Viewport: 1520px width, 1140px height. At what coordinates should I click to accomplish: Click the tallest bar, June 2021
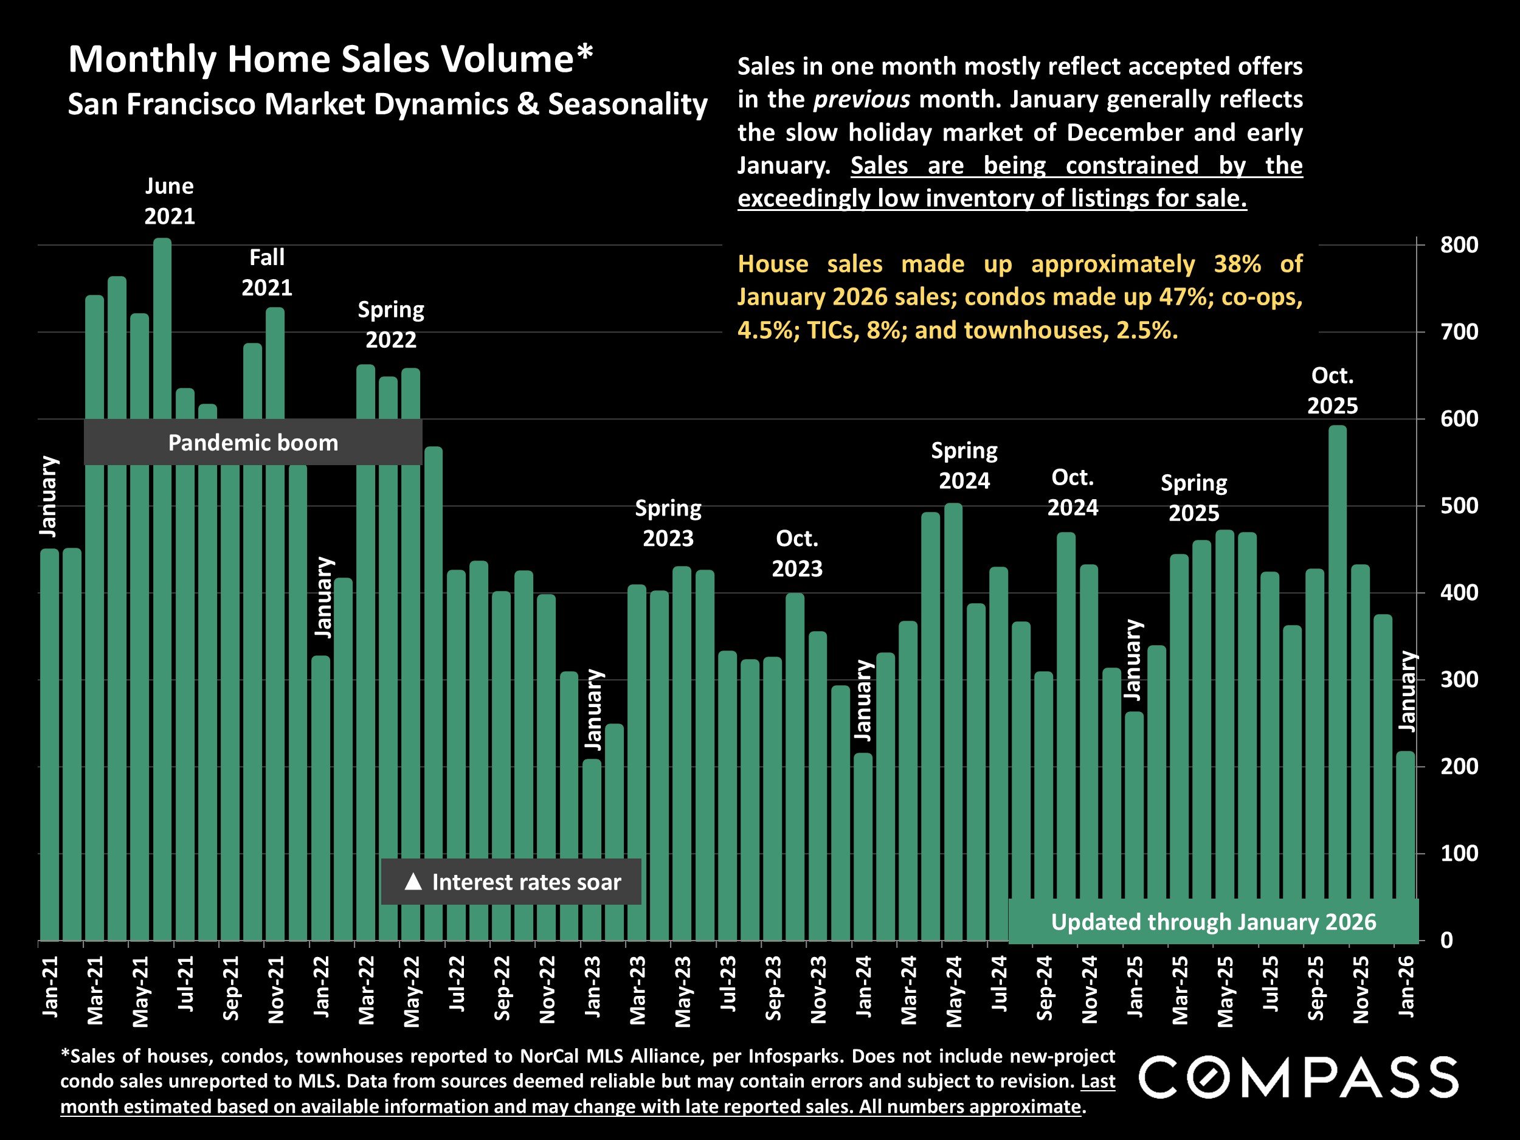tap(162, 589)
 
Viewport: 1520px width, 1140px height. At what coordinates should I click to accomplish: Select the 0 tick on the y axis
tap(1446, 940)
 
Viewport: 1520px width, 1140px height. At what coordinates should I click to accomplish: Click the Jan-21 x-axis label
tap(50, 986)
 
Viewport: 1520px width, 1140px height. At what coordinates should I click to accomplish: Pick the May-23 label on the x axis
tap(683, 990)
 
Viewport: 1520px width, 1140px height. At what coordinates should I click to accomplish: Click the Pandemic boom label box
tap(253, 442)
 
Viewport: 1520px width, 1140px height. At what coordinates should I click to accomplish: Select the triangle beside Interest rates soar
tap(413, 881)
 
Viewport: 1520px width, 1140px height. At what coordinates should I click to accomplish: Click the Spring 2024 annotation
tap(964, 465)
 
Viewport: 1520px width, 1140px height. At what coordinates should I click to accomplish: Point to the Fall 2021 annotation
tap(267, 272)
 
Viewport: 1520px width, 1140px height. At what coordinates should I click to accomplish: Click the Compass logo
tap(1297, 1077)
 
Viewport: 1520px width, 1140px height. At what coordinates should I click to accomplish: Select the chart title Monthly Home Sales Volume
tap(331, 59)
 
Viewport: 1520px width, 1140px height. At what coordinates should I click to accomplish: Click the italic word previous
tap(862, 100)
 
